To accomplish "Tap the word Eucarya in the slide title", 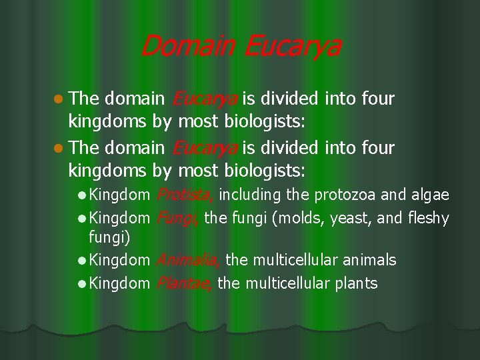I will point(291,47).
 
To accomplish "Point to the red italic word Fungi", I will point(178,217).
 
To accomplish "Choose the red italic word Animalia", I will point(189,260).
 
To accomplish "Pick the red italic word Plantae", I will point(185,283).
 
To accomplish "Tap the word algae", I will point(431,195).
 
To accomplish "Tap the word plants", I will point(354,283).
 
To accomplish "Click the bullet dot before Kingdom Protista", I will point(81,195).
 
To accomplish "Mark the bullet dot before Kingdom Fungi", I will point(81,218).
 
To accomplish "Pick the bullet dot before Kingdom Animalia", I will point(81,261).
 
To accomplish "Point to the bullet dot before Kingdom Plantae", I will point(81,284).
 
